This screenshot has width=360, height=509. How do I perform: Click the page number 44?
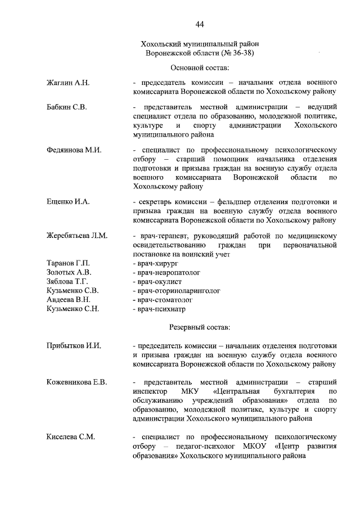[200, 24]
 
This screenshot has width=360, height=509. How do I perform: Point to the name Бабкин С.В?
[66, 106]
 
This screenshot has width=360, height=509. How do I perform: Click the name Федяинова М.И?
[73, 150]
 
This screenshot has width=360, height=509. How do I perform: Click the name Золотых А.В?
[69, 272]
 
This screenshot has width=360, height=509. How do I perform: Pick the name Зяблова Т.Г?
[67, 281]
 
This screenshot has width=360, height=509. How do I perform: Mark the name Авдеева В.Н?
[68, 300]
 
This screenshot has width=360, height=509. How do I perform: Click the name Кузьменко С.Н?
[73, 309]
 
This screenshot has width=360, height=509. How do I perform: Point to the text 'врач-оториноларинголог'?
[175, 291]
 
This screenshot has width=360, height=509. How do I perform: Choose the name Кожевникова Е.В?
[76, 382]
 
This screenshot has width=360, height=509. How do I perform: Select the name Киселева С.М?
[70, 436]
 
